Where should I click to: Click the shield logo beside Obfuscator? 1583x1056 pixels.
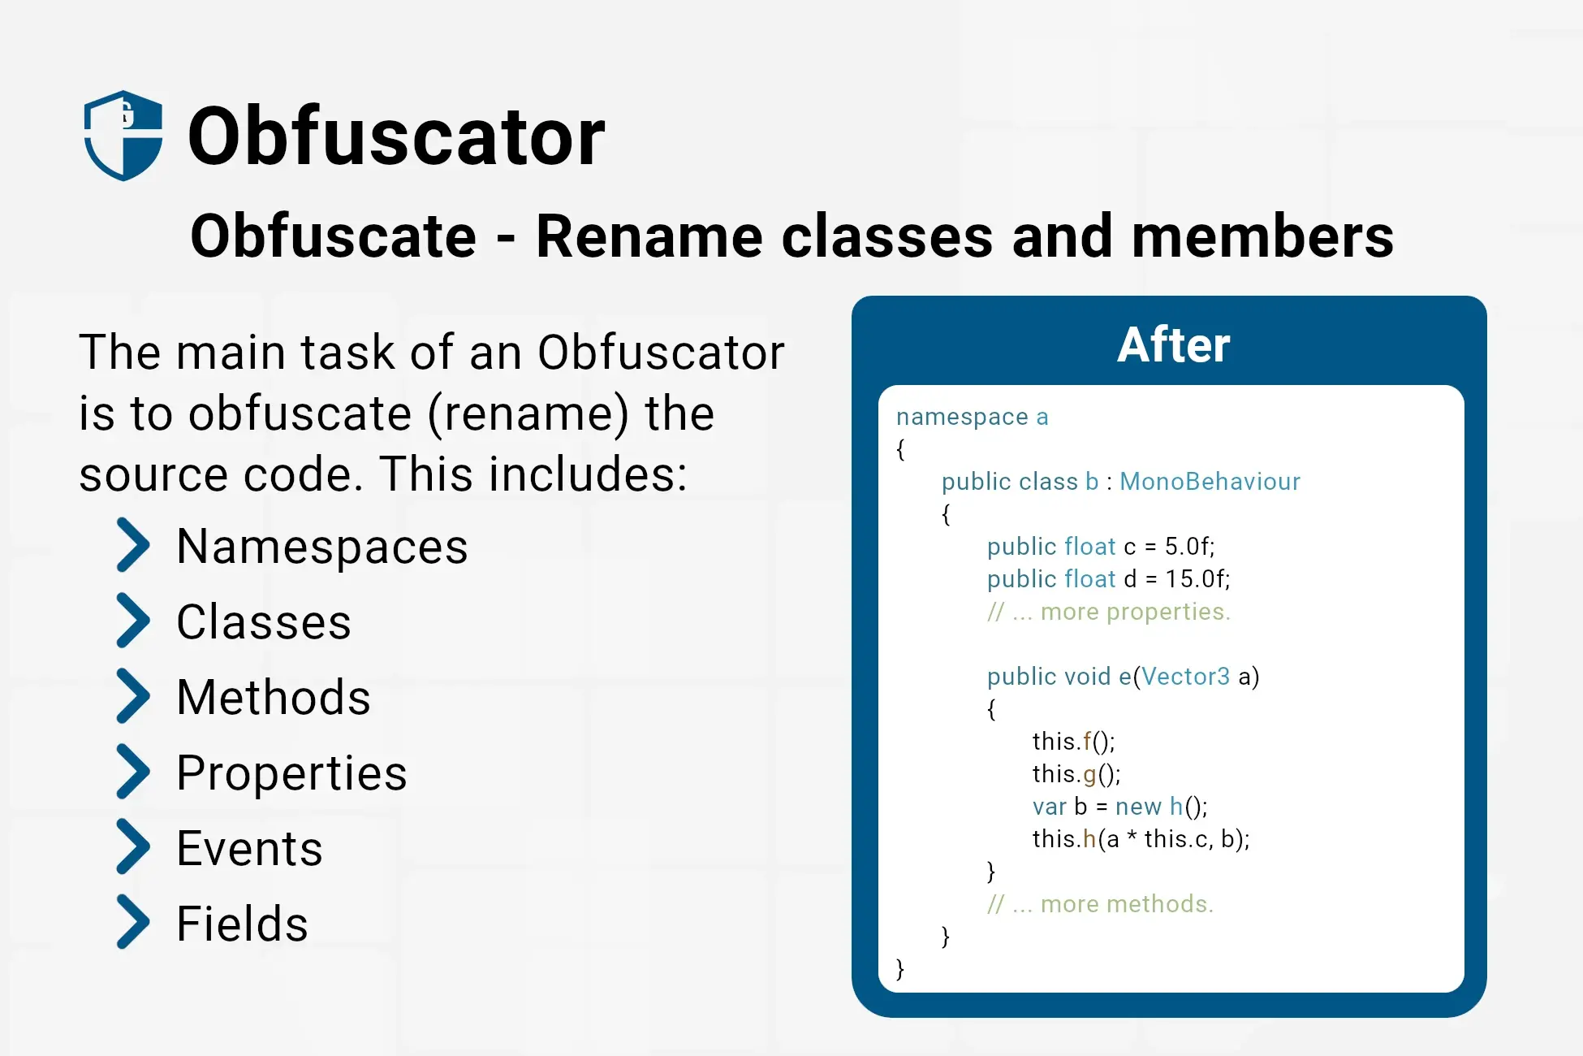[x=123, y=135]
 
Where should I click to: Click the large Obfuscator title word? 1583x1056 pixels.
[x=396, y=136]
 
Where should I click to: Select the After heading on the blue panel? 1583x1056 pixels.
[x=1173, y=344]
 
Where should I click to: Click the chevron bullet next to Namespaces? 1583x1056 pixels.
[x=133, y=545]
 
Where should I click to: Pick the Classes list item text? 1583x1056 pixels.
[x=264, y=622]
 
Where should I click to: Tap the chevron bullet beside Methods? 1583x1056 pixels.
[x=133, y=696]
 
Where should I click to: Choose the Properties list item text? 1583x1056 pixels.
[x=291, y=773]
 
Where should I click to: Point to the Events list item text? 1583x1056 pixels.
[x=250, y=848]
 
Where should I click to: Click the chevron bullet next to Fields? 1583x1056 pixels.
[x=133, y=922]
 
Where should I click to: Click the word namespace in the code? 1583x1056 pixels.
[x=962, y=417]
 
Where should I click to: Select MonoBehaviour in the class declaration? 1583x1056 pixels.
[x=1210, y=482]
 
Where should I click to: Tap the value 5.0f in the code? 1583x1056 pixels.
[x=1189, y=547]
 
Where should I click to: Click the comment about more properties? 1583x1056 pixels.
[x=1109, y=612]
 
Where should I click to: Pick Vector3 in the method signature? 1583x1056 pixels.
[x=1186, y=677]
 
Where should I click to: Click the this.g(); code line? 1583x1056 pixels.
[x=1076, y=774]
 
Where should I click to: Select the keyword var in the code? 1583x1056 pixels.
[x=1049, y=807]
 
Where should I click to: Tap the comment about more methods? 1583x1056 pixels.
[x=1101, y=904]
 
